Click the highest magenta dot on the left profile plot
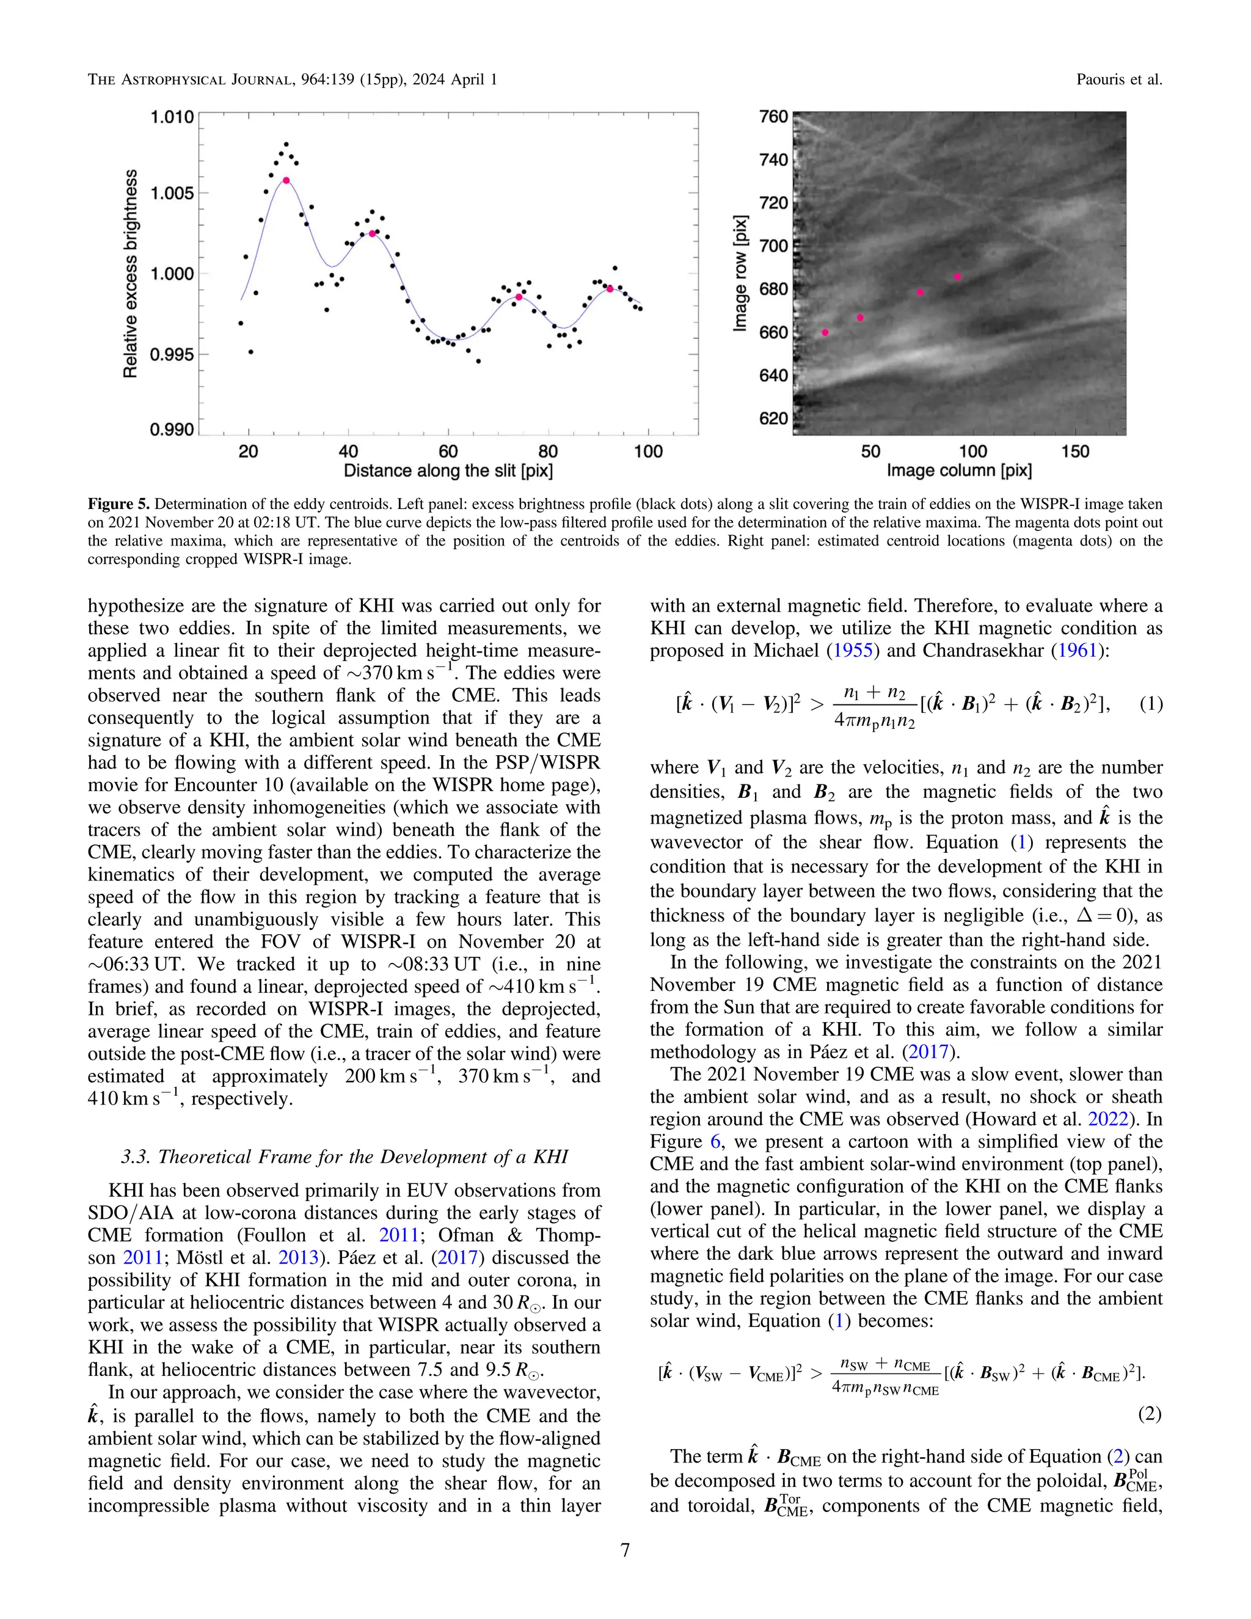286,180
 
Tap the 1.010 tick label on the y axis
172,117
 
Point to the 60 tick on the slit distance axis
448,451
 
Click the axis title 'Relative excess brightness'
131,274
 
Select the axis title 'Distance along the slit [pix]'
448,470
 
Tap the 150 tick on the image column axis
1074,451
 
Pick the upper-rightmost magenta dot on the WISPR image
958,277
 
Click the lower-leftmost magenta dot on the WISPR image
825,333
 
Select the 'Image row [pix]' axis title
740,274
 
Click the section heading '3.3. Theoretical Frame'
344,1157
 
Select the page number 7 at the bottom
625,1550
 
